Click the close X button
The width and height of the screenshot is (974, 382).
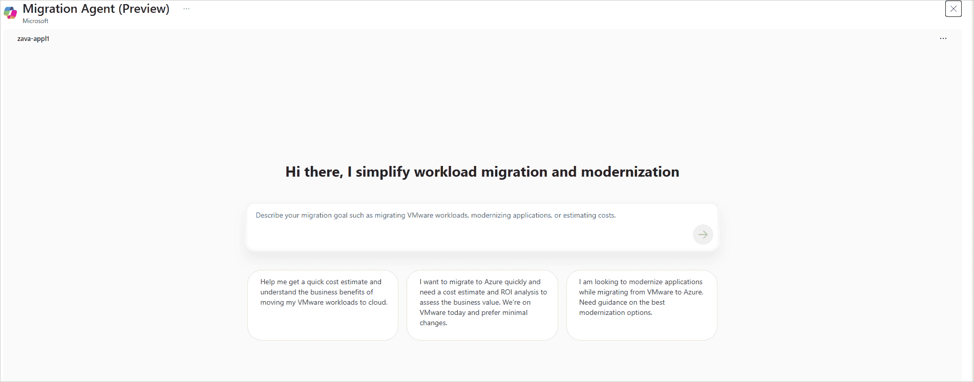coord(953,9)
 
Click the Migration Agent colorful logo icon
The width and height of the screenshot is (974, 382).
coord(10,12)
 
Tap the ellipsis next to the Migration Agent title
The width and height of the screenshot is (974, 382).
coord(186,9)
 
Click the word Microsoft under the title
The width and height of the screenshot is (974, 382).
coord(35,21)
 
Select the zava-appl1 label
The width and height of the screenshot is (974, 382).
coord(33,38)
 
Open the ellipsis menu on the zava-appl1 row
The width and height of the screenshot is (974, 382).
coord(943,38)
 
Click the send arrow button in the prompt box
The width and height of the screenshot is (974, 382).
coord(703,235)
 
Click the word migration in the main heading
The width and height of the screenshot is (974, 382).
coord(514,172)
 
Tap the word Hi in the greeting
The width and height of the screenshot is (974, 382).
coord(293,172)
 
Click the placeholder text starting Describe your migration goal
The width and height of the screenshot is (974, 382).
coord(435,216)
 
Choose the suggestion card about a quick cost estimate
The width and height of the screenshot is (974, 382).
coord(323,305)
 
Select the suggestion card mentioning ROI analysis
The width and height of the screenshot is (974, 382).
coord(482,305)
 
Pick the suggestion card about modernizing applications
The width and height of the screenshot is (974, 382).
coord(641,305)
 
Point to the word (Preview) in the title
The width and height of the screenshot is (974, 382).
coord(144,9)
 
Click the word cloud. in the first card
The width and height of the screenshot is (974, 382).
coord(378,302)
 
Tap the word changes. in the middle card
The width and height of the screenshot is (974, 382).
coord(433,323)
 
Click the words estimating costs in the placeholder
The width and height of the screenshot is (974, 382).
coord(589,216)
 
